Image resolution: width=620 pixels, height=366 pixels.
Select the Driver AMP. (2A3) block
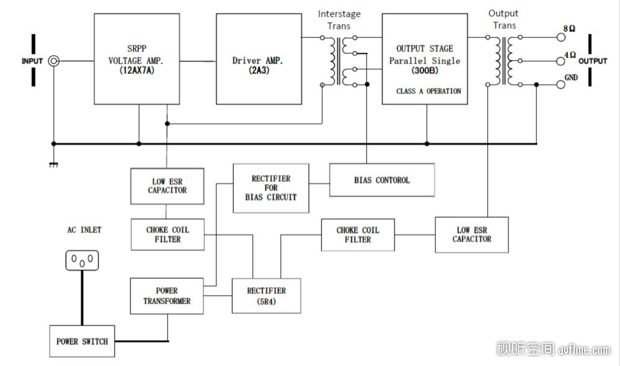258,59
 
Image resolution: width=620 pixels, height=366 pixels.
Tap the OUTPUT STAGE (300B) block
424,59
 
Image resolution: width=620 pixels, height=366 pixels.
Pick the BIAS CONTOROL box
381,180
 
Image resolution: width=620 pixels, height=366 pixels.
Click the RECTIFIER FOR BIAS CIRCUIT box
270,188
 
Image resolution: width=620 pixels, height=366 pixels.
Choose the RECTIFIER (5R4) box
266,295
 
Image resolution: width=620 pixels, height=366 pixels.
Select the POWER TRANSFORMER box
167,296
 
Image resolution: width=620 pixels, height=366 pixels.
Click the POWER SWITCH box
82,341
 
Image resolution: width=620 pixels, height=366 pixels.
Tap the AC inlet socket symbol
82,260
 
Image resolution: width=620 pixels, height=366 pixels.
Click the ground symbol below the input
53,164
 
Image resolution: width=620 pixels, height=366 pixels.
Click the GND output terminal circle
562,85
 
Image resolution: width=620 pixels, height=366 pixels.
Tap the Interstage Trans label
339,20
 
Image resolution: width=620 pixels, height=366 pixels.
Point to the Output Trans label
502,19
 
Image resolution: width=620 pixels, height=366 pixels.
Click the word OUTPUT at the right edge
593,61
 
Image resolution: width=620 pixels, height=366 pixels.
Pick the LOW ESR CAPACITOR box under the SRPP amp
167,186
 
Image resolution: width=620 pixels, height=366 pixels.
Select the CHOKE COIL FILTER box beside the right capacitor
358,234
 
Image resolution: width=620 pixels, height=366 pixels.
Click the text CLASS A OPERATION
428,91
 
